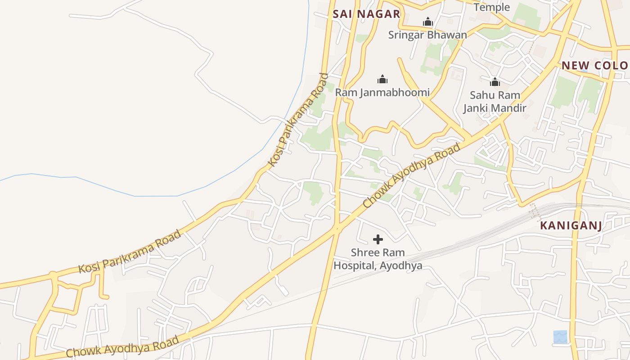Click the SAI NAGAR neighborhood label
coord(366,14)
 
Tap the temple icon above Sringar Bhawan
coord(427,22)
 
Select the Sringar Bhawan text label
coord(427,35)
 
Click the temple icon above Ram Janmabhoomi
coord(382,80)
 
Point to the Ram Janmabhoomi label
coord(382,93)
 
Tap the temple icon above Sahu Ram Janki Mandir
coord(495,82)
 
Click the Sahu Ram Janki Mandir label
coord(495,102)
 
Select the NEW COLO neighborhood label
coord(594,66)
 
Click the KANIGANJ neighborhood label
coord(571,225)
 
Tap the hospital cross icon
coord(378,239)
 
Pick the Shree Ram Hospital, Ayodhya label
coord(378,259)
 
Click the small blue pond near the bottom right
coord(560,337)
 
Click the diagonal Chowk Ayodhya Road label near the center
coord(412,175)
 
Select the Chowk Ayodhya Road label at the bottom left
coord(122,347)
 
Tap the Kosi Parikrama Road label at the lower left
coord(130,252)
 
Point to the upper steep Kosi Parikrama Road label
coord(297,119)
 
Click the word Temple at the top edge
coord(492,7)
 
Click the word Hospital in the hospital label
coord(354,265)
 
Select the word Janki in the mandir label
coord(477,108)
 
